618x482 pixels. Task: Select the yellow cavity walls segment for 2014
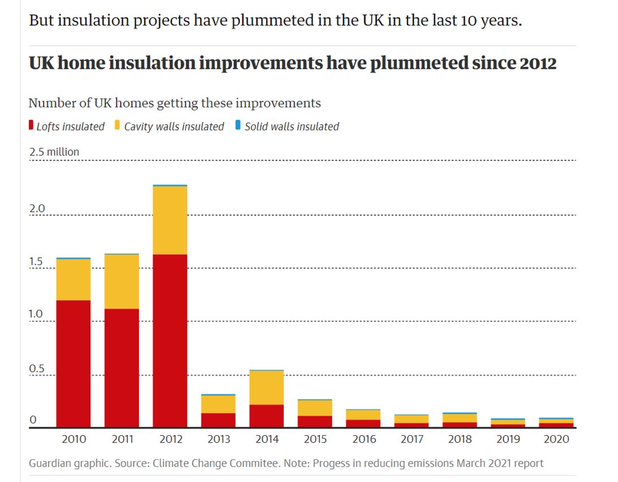(x=266, y=388)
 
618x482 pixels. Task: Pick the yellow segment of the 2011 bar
(x=122, y=281)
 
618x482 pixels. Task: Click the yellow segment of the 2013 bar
(x=218, y=404)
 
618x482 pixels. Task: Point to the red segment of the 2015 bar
(x=315, y=422)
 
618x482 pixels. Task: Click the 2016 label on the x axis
(x=364, y=438)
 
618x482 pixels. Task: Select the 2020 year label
(x=557, y=438)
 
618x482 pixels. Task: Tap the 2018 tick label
(x=460, y=438)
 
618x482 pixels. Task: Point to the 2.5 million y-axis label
(x=54, y=152)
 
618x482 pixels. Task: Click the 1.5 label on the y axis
(x=37, y=262)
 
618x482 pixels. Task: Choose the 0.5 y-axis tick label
(x=37, y=368)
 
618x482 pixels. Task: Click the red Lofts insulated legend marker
(x=31, y=125)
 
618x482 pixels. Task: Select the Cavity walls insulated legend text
(x=174, y=127)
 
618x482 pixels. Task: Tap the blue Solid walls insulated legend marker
(x=238, y=125)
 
